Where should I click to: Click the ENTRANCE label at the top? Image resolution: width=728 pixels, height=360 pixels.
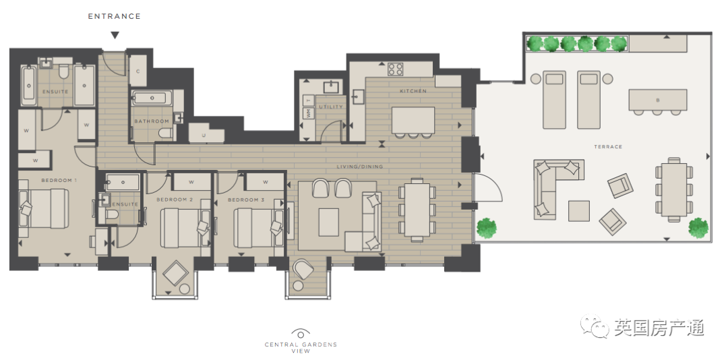point(114,16)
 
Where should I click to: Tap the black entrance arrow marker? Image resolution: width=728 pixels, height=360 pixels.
point(115,35)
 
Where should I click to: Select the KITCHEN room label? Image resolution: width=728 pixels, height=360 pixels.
point(413,91)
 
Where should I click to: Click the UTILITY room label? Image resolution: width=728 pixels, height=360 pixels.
point(330,107)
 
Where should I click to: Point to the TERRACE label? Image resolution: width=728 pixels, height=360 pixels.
point(608,147)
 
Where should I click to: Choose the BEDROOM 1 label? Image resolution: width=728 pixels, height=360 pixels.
point(59,180)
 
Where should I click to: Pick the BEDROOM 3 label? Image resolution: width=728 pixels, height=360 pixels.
point(245,200)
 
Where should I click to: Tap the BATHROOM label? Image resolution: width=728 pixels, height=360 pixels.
point(152,121)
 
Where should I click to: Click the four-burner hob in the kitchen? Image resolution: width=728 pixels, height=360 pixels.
point(396,69)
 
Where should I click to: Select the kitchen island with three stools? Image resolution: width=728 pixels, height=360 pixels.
point(413,122)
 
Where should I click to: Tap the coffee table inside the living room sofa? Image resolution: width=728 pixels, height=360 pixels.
point(329,222)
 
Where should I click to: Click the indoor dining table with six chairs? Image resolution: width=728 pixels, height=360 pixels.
point(417,210)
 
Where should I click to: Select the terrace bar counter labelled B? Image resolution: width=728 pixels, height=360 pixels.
point(657,100)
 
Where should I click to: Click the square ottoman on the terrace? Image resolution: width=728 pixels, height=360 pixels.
point(579,211)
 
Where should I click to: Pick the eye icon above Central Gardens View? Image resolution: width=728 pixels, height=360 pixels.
point(301,334)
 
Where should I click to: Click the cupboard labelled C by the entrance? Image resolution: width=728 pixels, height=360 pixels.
point(138,71)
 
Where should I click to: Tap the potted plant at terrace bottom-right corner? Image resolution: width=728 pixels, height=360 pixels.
point(698,227)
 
